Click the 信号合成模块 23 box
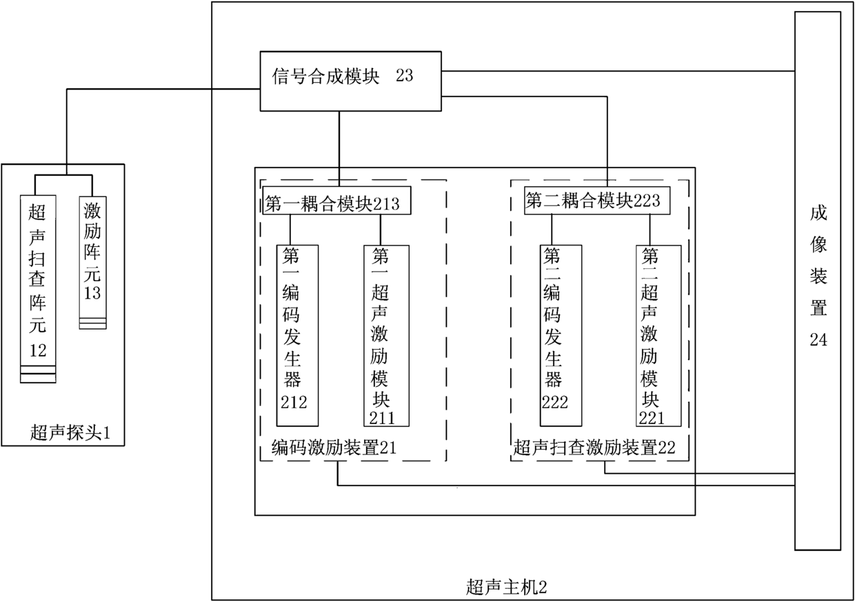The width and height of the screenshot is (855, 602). pos(350,81)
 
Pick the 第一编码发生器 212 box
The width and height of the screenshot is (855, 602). pos(297,336)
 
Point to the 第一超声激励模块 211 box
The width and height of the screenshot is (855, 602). pos(386,336)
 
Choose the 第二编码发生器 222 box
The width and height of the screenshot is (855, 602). pos(560,336)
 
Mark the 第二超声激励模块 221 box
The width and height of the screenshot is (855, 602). pos(658,336)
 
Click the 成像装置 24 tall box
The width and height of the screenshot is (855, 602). pos(818,281)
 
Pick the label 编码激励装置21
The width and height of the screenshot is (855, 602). pos(334,448)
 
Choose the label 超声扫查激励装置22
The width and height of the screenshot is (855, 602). pos(594,448)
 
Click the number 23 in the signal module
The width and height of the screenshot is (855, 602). pos(405,76)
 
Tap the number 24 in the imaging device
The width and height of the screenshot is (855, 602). pos(818,339)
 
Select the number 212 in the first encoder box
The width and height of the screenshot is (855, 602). pos(294,402)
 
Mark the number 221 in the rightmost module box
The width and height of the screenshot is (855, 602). pos(652,417)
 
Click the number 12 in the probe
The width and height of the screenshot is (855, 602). pos(37,350)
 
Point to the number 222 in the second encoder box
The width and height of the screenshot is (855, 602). pos(555,402)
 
